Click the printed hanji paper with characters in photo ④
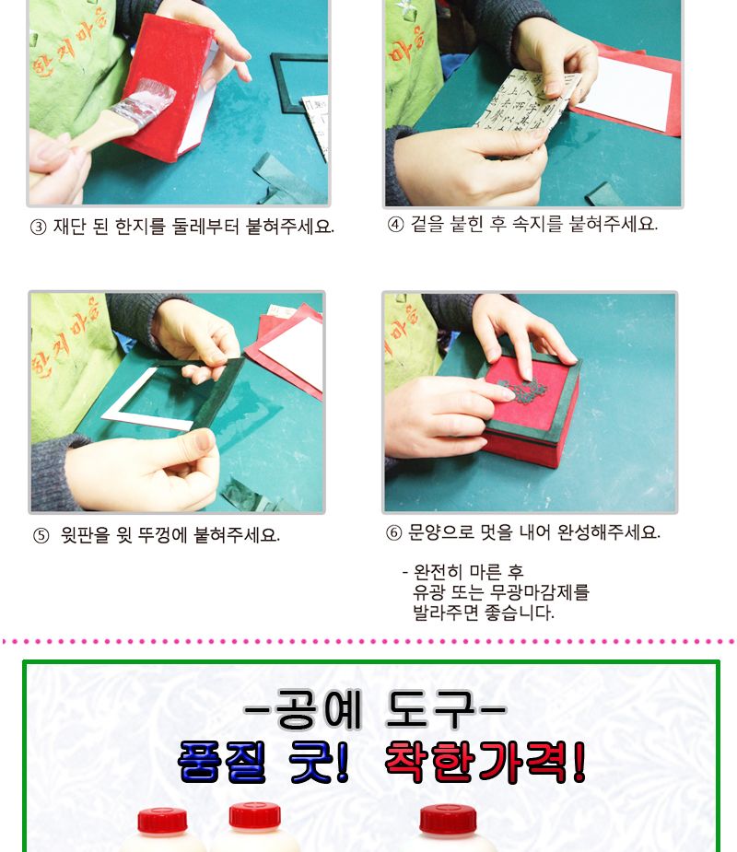[x=521, y=115]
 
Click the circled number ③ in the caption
[x=38, y=228]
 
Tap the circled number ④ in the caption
[x=394, y=224]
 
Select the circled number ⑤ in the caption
[x=41, y=535]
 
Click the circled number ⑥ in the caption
[x=393, y=532]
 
